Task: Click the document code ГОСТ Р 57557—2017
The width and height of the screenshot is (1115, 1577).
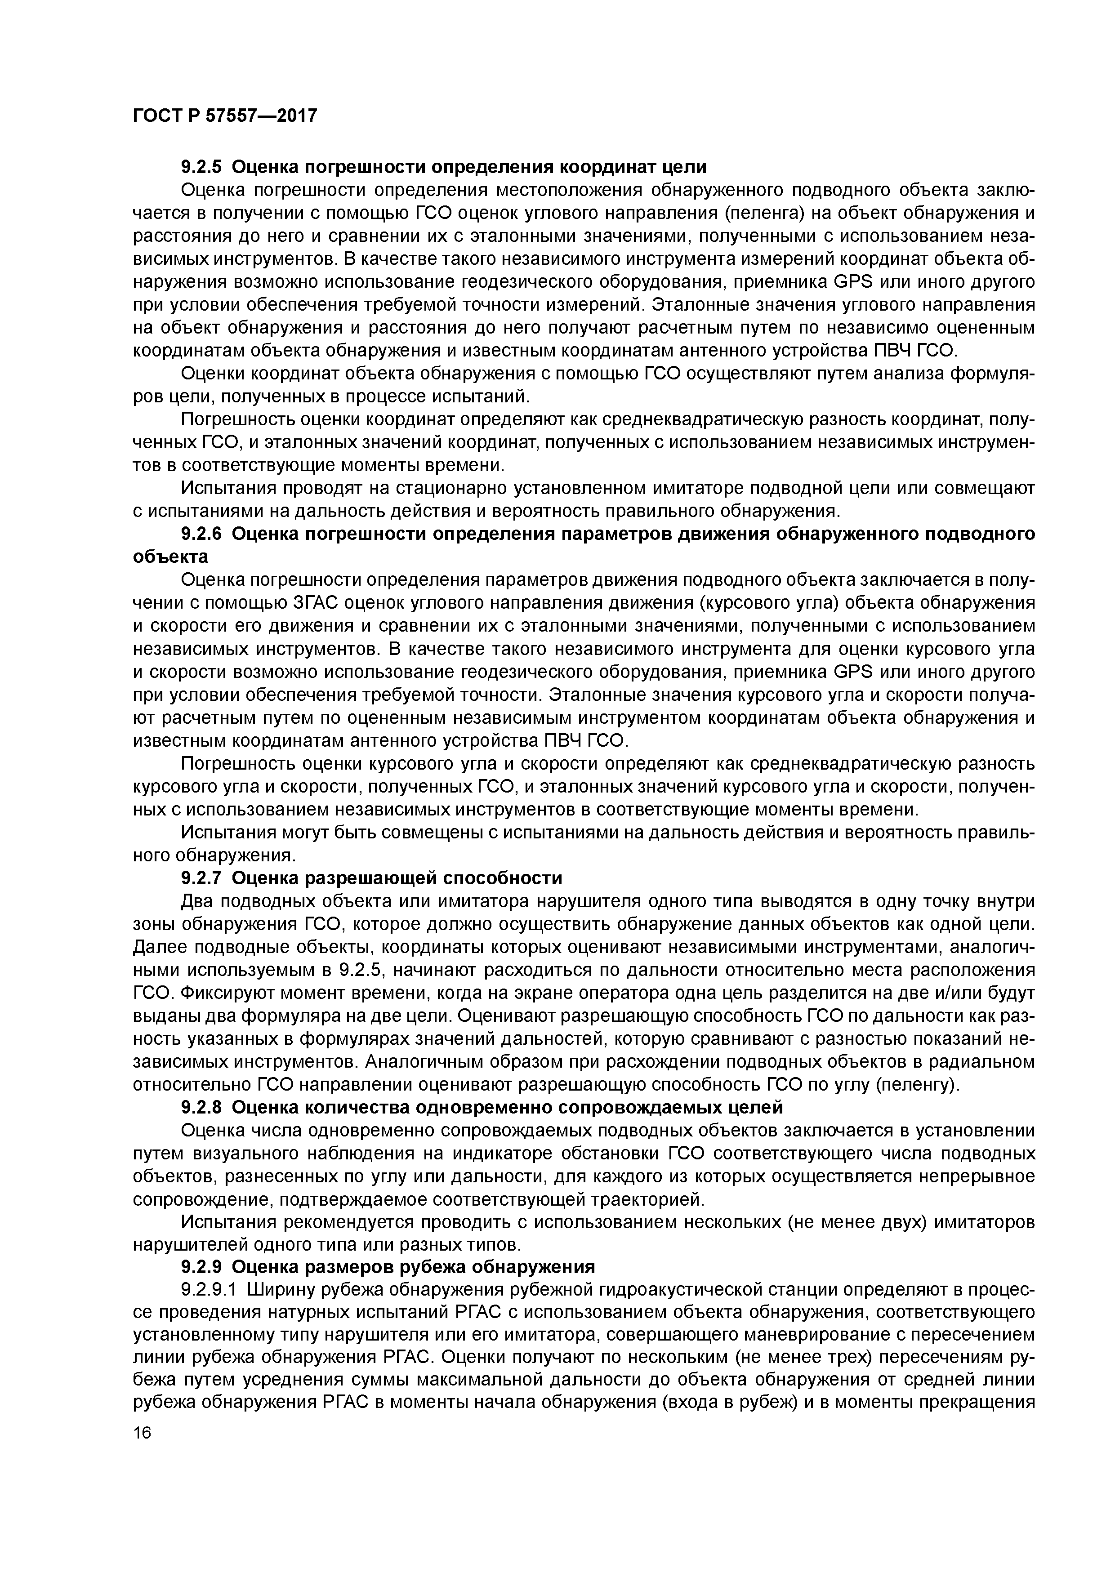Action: point(225,116)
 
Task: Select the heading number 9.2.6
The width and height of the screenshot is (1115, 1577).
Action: point(203,535)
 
